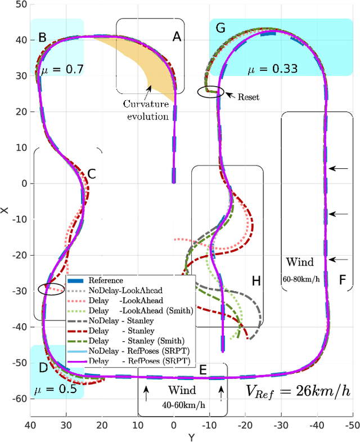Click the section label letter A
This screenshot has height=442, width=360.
pos(177,37)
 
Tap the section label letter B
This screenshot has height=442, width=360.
pos(42,38)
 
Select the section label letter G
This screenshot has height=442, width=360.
pos(220,28)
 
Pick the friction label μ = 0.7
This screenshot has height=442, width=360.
pos(62,70)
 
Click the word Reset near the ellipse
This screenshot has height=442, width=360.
pos(249,97)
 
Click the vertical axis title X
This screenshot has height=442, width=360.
pos(4,211)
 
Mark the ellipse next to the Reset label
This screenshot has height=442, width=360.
pos(210,91)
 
